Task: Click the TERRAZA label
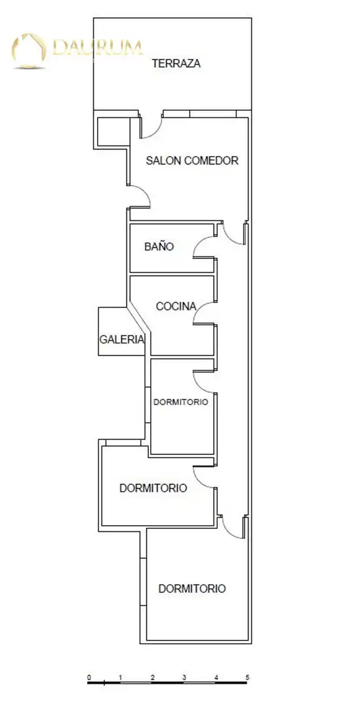pyautogui.click(x=176, y=64)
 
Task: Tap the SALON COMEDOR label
pyautogui.click(x=192, y=161)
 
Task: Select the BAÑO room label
pyautogui.click(x=159, y=246)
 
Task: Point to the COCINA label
pyautogui.click(x=176, y=306)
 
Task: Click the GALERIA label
pyautogui.click(x=122, y=340)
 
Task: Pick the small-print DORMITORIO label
pyautogui.click(x=181, y=402)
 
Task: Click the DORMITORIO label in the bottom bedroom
pyautogui.click(x=192, y=589)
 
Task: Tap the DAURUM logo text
pyautogui.click(x=98, y=47)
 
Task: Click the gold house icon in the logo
pyautogui.click(x=29, y=50)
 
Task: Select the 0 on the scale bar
pyautogui.click(x=89, y=677)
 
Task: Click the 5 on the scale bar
pyautogui.click(x=247, y=677)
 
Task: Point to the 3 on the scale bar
pyautogui.click(x=184, y=677)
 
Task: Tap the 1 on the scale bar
pyautogui.click(x=121, y=677)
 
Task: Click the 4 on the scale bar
pyautogui.click(x=216, y=677)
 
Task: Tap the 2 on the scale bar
pyautogui.click(x=153, y=677)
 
